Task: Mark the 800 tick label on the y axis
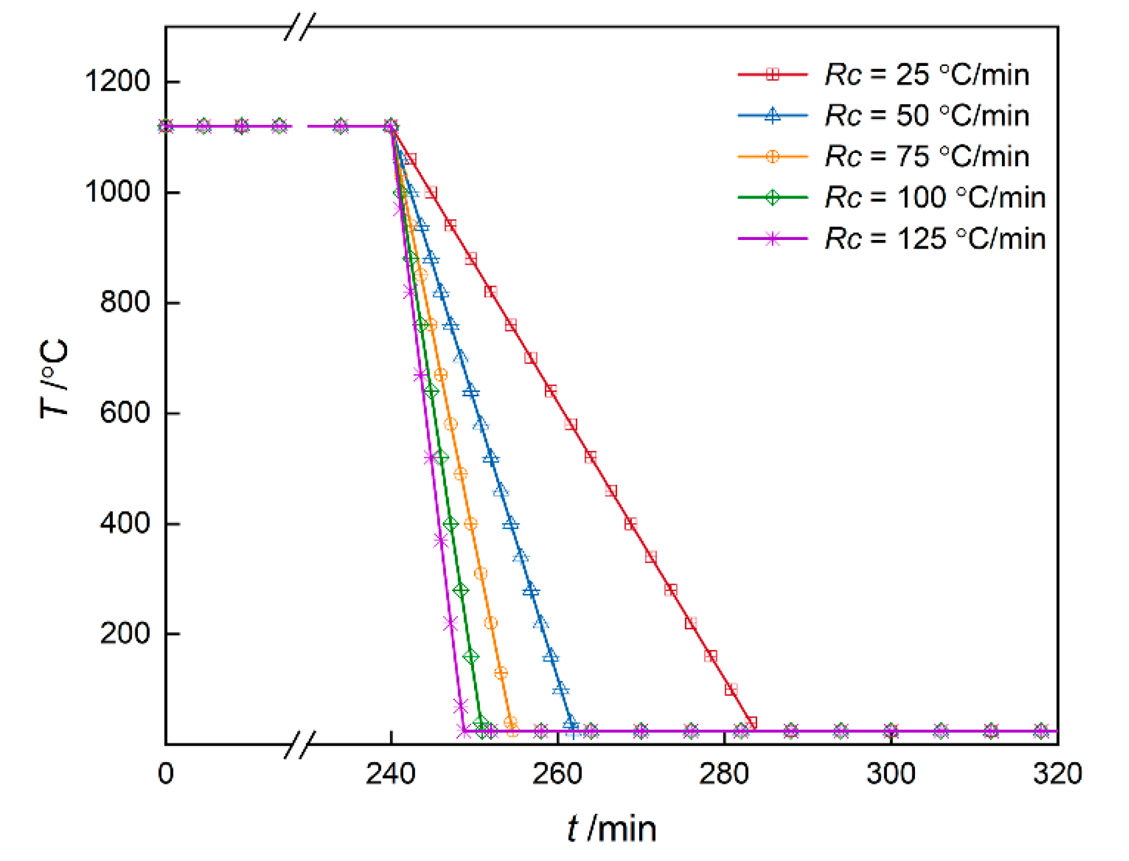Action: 125,302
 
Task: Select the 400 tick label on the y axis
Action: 125,523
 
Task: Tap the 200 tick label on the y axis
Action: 125,633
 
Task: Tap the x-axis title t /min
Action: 612,829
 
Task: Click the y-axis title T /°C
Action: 54,378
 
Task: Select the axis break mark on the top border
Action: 300,26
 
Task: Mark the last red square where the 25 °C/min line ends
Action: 751,723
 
